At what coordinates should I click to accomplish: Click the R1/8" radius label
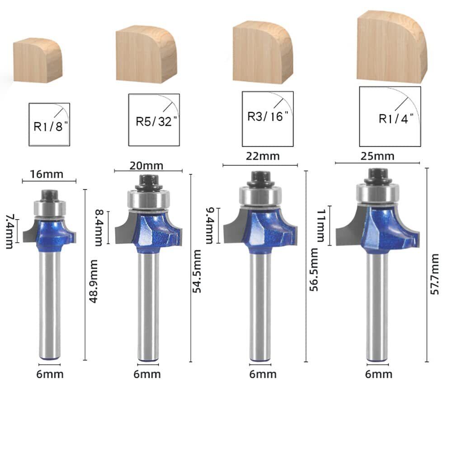coord(51,126)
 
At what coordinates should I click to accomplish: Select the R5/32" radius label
coord(156,121)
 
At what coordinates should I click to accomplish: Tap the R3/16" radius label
coord(268,117)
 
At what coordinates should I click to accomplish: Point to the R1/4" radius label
coord(396,118)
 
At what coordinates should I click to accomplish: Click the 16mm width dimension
coord(47,174)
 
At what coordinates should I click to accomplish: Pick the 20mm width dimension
coord(146,166)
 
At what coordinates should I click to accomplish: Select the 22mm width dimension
coord(263,156)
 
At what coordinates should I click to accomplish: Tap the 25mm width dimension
coord(377,156)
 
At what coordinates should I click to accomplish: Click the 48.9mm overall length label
coord(94,281)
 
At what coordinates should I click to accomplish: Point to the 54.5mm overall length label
coord(197,271)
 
